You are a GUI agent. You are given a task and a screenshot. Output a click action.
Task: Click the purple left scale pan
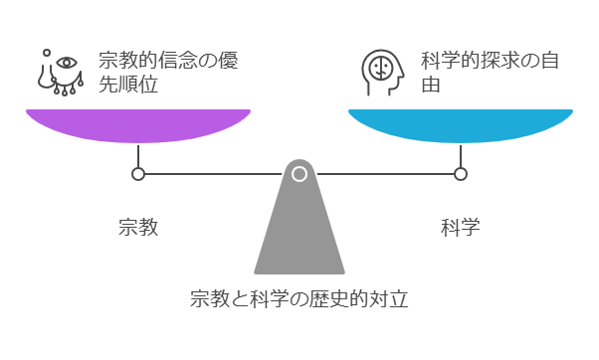pos(137,123)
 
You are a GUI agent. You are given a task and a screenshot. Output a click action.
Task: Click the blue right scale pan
pos(460,123)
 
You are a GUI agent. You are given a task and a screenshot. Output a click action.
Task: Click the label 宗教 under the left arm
pos(137,227)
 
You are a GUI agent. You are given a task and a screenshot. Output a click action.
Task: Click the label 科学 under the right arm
pos(461,227)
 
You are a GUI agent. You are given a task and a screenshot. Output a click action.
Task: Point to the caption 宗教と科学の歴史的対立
pos(299,298)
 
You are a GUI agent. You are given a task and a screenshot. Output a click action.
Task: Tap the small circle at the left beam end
pos(138,174)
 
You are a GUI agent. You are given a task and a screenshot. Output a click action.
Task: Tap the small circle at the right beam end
pos(461,174)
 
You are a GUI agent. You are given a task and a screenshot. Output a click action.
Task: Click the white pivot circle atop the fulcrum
pos(299,174)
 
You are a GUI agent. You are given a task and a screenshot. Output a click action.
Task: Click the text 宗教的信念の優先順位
pos(166,73)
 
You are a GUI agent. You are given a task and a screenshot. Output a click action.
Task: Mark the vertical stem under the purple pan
pos(138,155)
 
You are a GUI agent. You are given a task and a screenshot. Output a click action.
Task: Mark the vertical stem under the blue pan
pos(461,155)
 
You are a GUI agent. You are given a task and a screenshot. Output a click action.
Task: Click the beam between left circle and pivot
pos(214,174)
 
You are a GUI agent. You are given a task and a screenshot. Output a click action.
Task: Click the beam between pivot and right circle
pos(383,174)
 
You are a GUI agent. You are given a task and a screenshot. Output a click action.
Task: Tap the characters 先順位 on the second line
pos(128,86)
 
